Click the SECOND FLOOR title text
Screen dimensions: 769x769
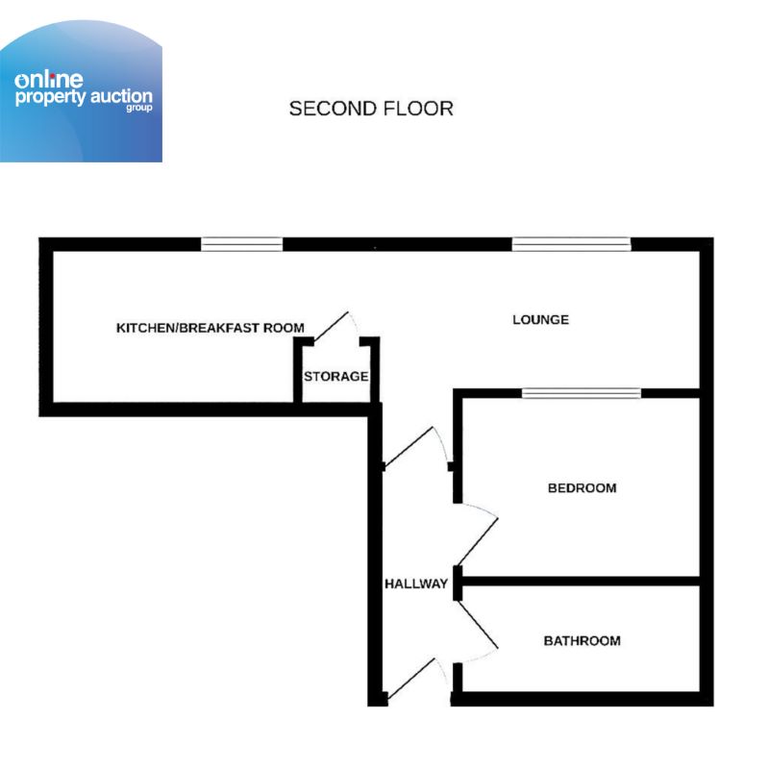click(371, 109)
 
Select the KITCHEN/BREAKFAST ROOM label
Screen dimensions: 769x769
click(210, 329)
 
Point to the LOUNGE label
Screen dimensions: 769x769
click(540, 320)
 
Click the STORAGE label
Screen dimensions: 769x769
click(335, 377)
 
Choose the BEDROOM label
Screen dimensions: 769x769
click(582, 488)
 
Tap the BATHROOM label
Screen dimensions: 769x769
click(582, 641)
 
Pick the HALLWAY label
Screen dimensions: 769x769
click(416, 584)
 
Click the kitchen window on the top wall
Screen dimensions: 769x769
click(242, 244)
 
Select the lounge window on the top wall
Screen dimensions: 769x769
click(571, 244)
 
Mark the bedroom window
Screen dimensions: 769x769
click(582, 392)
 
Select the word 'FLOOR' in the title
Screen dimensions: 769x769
click(416, 109)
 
